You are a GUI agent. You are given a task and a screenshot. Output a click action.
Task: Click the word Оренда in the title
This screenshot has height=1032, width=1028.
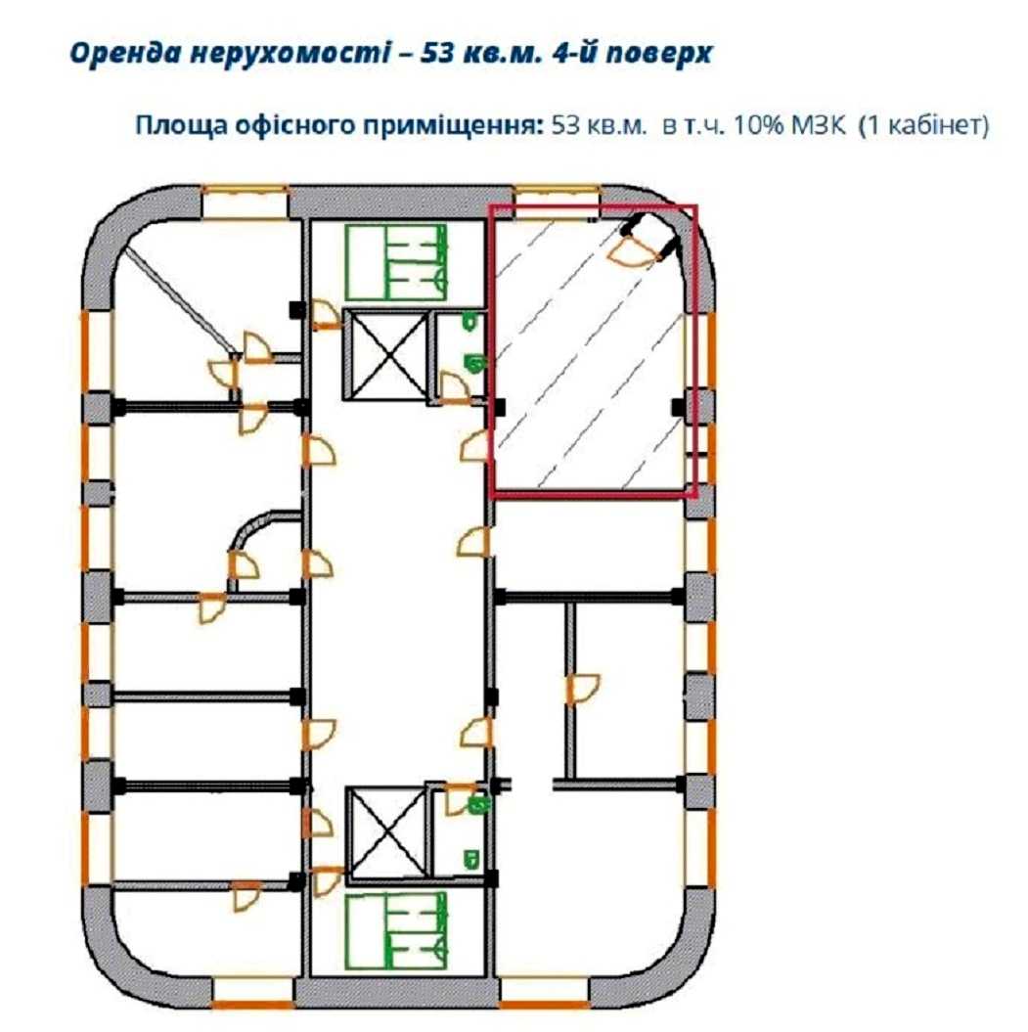pyautogui.click(x=125, y=54)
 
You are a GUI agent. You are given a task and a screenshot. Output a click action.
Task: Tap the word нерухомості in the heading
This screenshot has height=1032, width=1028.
pyautogui.click(x=291, y=54)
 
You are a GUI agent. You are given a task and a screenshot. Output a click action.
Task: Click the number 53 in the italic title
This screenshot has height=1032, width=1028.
pyautogui.click(x=436, y=53)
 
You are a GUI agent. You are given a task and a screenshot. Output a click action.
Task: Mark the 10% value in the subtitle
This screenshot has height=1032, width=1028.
pyautogui.click(x=759, y=125)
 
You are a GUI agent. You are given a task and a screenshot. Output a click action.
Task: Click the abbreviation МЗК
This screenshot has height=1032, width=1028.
pyautogui.click(x=818, y=125)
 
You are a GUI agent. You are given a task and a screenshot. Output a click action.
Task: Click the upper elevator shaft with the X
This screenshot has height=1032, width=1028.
pyautogui.click(x=386, y=354)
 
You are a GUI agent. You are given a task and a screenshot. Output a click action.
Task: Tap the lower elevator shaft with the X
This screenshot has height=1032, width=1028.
pyautogui.click(x=388, y=832)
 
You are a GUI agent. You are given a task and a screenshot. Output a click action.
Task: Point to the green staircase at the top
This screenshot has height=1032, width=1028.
pyautogui.click(x=396, y=262)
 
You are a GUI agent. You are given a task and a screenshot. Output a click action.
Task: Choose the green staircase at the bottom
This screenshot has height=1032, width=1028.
pyautogui.click(x=396, y=930)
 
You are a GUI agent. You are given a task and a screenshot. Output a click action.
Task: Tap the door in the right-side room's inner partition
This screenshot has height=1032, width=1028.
pyautogui.click(x=583, y=689)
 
